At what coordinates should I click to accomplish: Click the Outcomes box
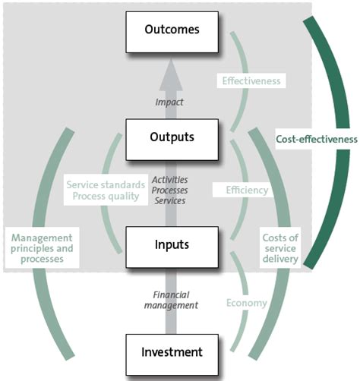click(x=172, y=30)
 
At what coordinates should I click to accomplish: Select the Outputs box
click(x=172, y=137)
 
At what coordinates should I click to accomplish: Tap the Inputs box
click(x=172, y=245)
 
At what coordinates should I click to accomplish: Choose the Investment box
click(x=172, y=352)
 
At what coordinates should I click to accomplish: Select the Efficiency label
click(x=246, y=190)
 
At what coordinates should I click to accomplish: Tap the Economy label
click(x=246, y=303)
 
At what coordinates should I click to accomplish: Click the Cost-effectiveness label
click(x=317, y=139)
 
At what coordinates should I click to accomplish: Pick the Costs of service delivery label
click(x=280, y=247)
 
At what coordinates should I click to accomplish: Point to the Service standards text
click(x=105, y=184)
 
